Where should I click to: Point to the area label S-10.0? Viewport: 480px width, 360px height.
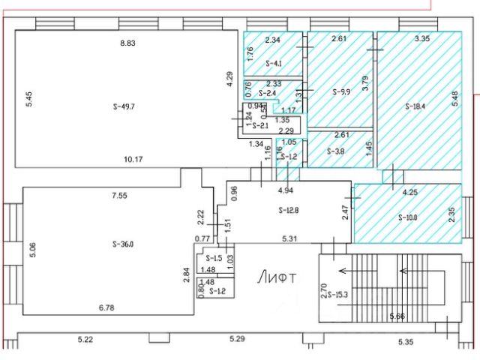coord(406,217)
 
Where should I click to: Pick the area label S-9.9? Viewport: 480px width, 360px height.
coord(341,92)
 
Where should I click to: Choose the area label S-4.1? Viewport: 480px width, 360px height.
coord(274,64)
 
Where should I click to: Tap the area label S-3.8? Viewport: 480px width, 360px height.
coord(336,151)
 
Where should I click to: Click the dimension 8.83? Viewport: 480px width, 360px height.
coord(127,43)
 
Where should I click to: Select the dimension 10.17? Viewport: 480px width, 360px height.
coord(134,158)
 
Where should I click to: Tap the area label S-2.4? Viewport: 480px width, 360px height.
coord(268,93)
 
